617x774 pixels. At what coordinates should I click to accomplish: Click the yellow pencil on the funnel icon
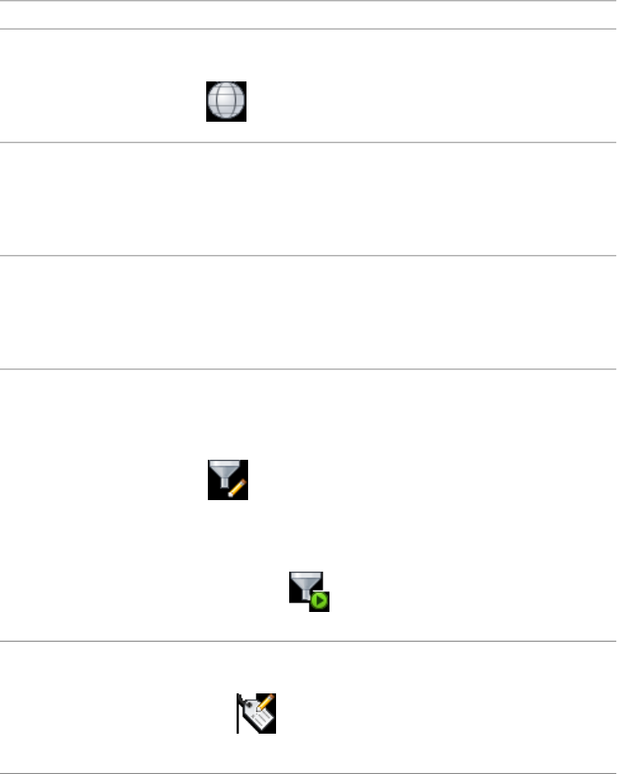pos(238,486)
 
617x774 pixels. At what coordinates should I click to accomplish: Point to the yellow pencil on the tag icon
pos(265,704)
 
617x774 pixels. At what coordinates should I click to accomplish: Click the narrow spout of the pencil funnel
pos(222,490)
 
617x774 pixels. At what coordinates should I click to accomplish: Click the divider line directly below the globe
pos(308,142)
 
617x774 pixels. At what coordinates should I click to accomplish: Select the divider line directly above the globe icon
pos(308,30)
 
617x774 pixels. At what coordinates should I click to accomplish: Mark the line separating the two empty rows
pos(308,255)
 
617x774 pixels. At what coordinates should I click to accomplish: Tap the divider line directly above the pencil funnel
pos(308,368)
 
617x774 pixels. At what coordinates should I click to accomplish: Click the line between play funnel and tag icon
pos(308,642)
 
